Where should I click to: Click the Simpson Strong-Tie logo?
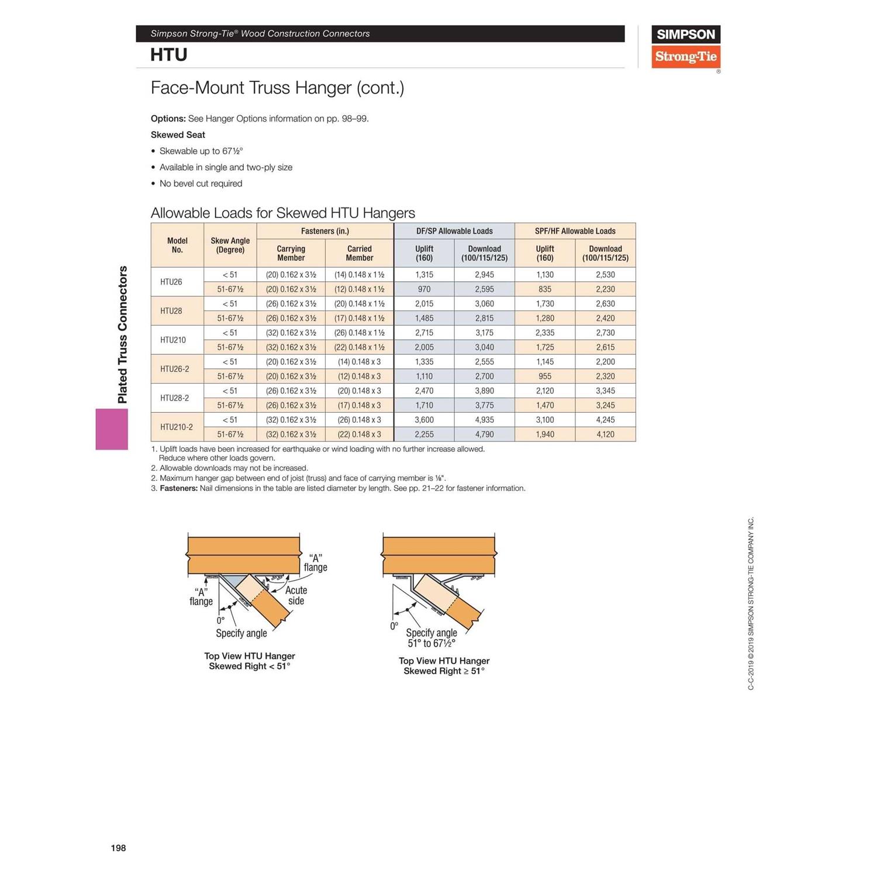(x=685, y=47)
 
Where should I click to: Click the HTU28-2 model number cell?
(x=174, y=398)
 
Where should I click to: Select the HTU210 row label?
(x=173, y=340)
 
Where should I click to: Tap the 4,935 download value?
(x=484, y=420)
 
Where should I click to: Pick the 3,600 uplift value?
(x=424, y=420)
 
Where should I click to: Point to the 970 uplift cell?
(x=424, y=289)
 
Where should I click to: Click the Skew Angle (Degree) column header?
(x=230, y=245)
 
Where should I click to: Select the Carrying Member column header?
(x=291, y=253)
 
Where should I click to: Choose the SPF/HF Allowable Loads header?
(x=575, y=231)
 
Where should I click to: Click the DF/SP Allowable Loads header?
(x=454, y=231)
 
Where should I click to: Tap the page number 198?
(x=118, y=848)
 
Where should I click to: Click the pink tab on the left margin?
(x=112, y=429)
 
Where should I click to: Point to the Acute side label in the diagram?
(x=296, y=596)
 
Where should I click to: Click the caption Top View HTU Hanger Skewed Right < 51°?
(x=250, y=661)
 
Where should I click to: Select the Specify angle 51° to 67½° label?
(x=431, y=638)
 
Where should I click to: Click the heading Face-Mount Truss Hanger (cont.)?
(x=277, y=88)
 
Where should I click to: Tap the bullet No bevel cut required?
(x=201, y=184)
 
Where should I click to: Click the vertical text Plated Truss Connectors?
(x=122, y=334)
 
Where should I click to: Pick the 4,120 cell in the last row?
(x=605, y=434)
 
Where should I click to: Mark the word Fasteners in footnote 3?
(x=179, y=488)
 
